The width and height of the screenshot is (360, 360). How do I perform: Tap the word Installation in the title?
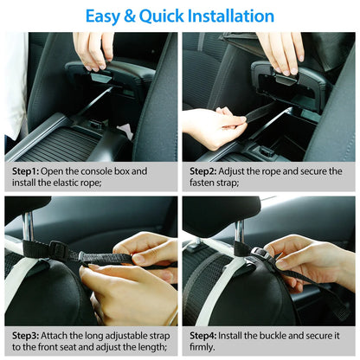pos(228,16)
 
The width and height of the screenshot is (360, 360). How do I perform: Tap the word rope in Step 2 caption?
pos(277,171)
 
